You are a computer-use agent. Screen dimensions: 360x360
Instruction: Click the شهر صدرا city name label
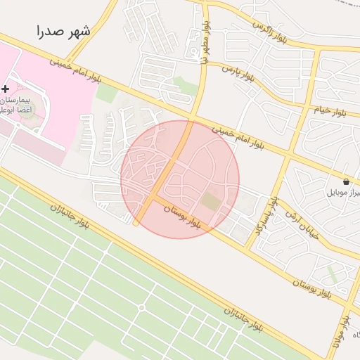click(x=64, y=31)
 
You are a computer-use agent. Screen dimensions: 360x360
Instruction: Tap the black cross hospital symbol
click(x=6, y=89)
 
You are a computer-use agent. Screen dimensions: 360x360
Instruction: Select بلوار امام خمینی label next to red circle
click(x=238, y=135)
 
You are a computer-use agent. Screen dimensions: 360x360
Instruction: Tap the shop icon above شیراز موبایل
click(x=346, y=181)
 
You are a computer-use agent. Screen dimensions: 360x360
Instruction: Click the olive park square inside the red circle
click(x=210, y=202)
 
